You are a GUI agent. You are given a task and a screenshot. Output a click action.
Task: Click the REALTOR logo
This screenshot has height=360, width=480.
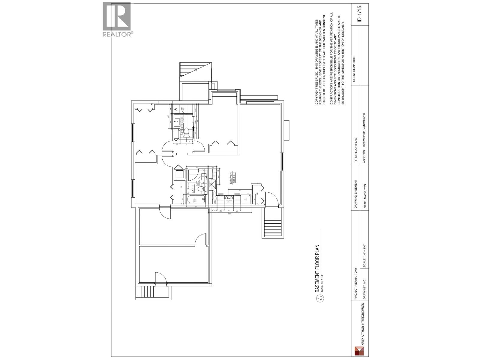coord(117,19)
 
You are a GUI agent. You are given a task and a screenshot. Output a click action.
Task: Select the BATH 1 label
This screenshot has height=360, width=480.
coord(193,189)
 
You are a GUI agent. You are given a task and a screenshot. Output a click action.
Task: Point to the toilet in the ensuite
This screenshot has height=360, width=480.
coord(186,132)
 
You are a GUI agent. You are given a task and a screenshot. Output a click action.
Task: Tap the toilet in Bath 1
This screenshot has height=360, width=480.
coord(202,189)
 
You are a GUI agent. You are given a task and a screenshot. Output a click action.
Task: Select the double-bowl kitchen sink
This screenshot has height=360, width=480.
coord(229,197)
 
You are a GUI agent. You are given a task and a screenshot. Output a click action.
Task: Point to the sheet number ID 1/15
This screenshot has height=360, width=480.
coord(360,14)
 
